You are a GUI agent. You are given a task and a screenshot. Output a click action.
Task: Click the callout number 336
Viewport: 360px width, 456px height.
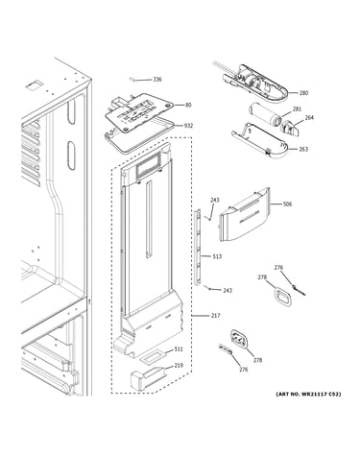(157, 80)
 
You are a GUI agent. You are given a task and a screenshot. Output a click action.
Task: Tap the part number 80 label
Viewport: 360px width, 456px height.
(188, 105)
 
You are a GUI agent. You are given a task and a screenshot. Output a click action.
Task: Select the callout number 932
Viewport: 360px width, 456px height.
(188, 126)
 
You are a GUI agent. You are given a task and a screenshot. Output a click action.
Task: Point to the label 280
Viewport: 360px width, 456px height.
(303, 93)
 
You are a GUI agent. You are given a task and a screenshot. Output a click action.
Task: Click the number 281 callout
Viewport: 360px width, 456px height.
(297, 109)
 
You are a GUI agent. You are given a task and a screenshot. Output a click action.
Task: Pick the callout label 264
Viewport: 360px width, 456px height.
(309, 118)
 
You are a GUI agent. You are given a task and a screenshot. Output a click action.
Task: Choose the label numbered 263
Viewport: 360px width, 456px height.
(303, 149)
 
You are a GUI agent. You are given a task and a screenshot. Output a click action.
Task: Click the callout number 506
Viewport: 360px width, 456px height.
(287, 204)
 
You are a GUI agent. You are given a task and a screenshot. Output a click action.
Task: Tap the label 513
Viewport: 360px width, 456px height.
(217, 256)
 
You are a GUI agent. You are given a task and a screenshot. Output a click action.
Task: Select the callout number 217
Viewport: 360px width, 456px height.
(216, 316)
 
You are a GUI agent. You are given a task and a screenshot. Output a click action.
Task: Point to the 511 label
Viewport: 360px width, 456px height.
(179, 349)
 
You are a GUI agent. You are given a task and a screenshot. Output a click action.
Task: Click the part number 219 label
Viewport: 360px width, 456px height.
(179, 366)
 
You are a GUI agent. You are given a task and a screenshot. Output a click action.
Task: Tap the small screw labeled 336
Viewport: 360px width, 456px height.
(132, 79)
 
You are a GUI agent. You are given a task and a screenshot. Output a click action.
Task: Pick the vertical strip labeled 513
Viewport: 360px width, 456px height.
(198, 247)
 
